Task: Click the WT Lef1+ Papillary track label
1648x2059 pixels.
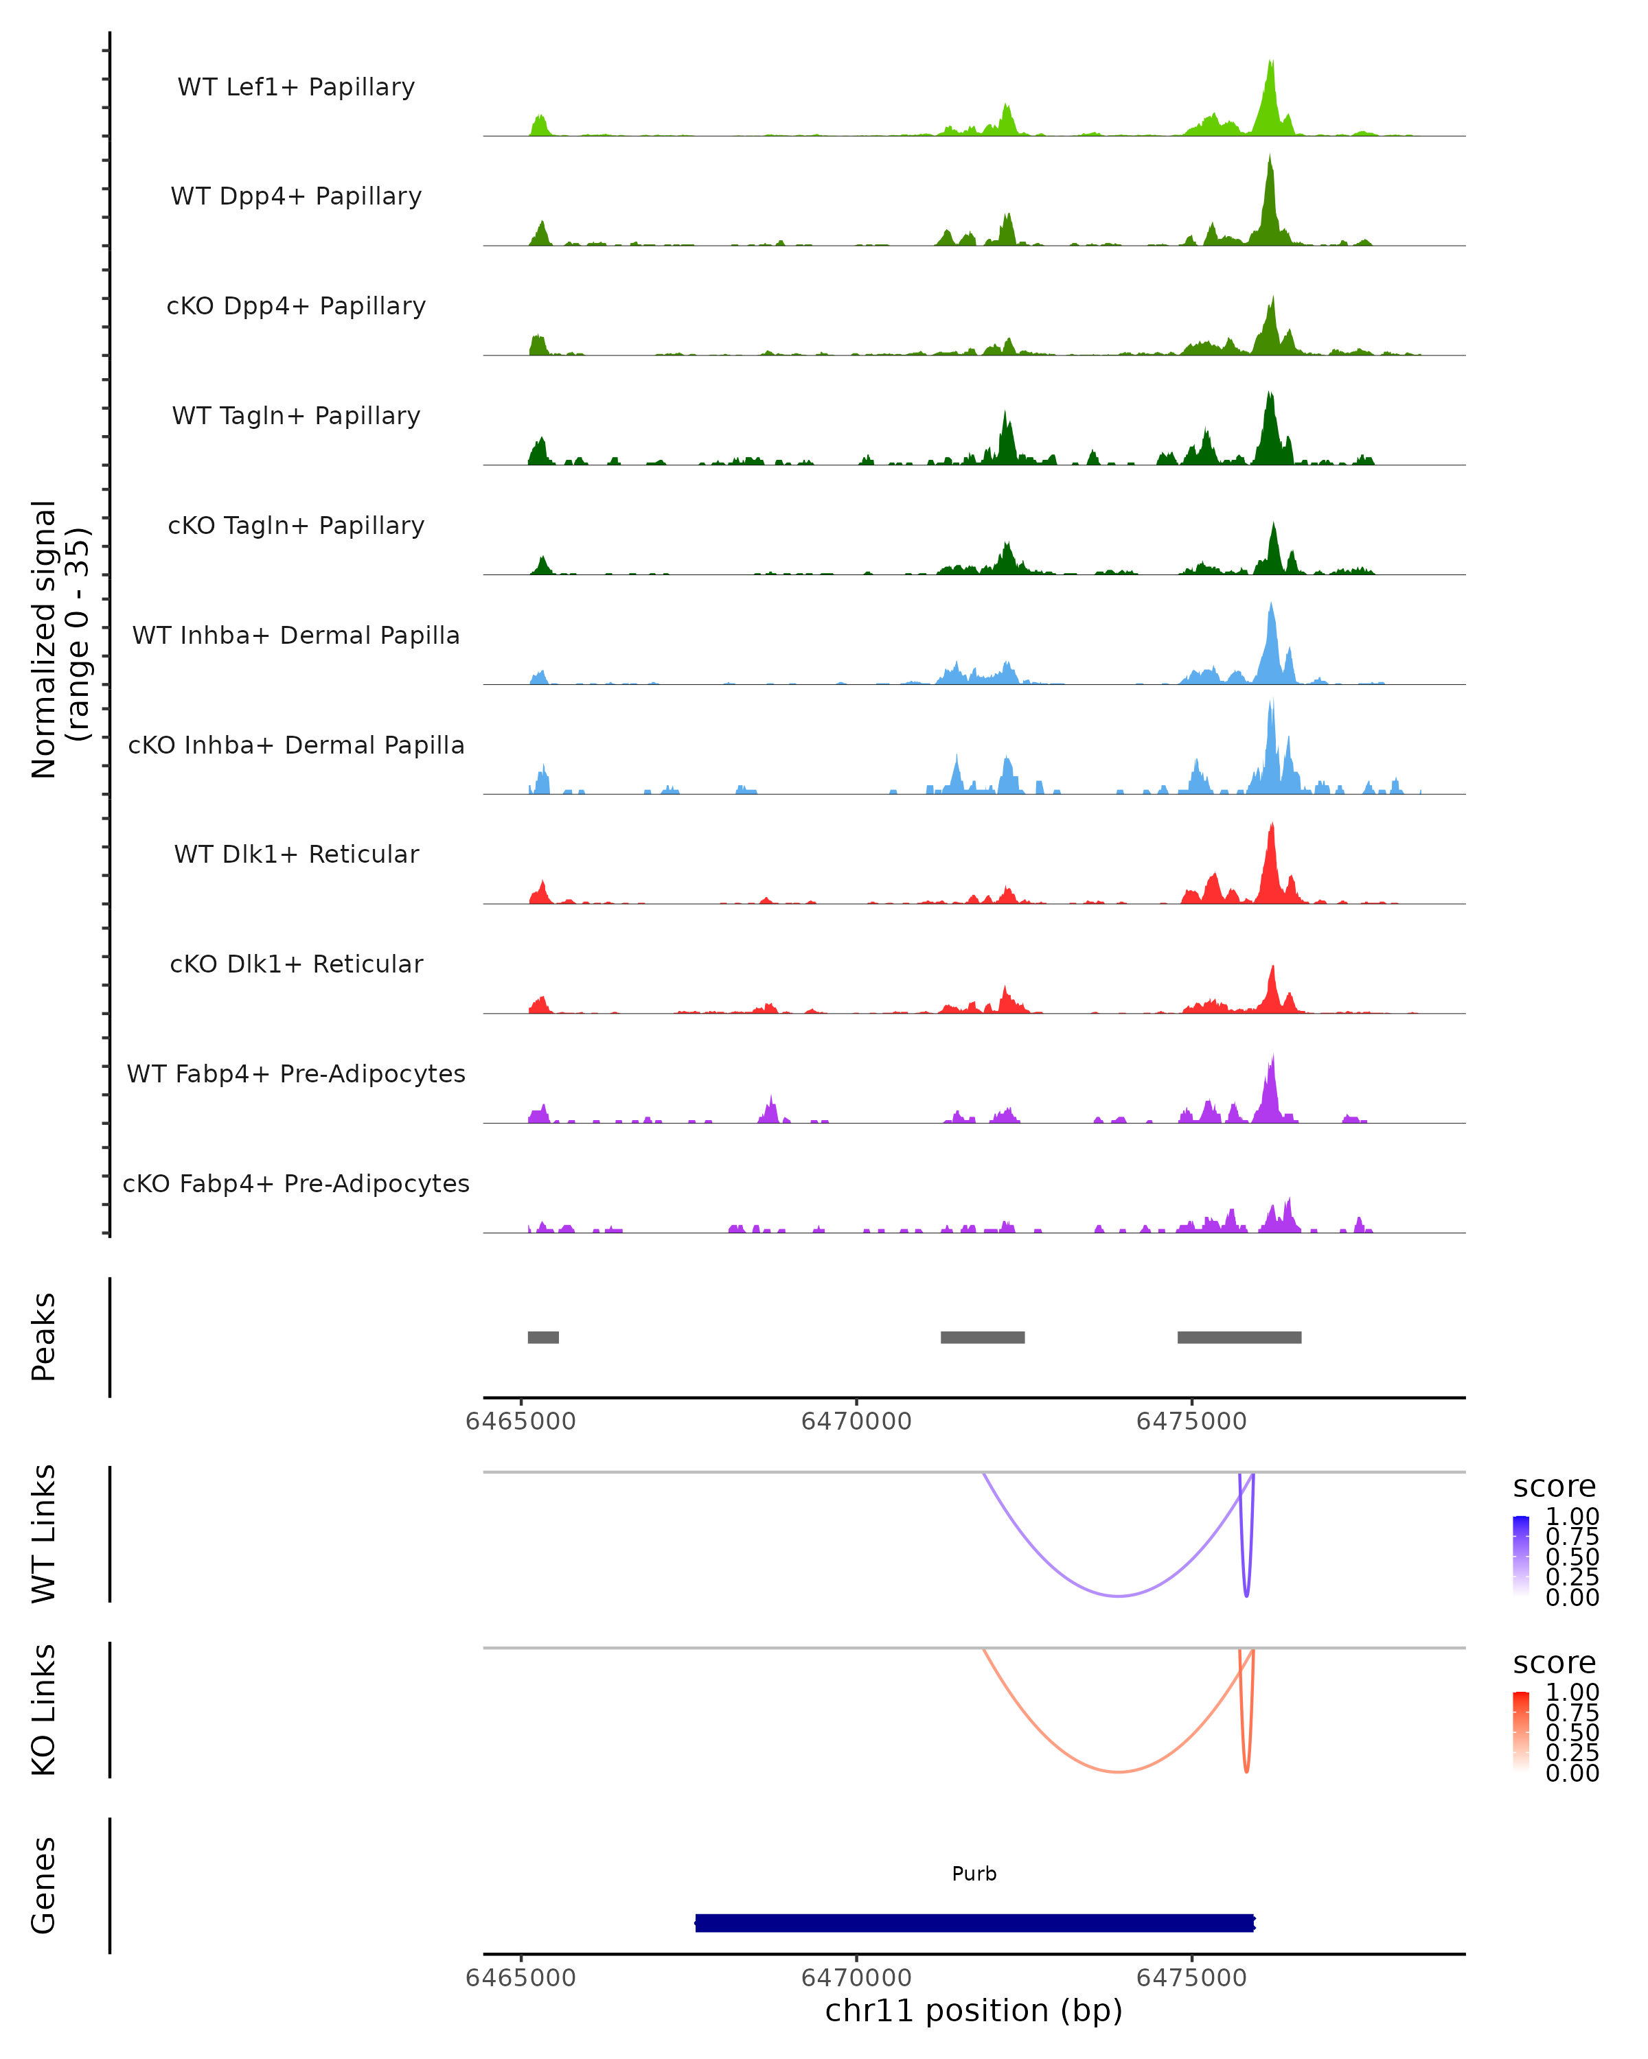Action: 296,87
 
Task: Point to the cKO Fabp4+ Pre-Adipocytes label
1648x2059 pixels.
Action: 296,1183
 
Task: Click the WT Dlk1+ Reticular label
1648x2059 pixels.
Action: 296,854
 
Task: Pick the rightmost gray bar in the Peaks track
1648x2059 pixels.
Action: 1239,1337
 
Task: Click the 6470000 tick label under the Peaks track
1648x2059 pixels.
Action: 856,1422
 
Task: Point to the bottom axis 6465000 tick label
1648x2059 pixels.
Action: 520,1978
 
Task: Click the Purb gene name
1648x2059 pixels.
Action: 974,1874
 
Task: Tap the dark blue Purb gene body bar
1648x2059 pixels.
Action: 974,1922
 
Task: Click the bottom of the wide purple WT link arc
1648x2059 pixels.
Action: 1118,1595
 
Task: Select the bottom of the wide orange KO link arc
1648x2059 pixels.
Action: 1118,1771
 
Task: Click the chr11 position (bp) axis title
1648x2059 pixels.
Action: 974,2011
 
